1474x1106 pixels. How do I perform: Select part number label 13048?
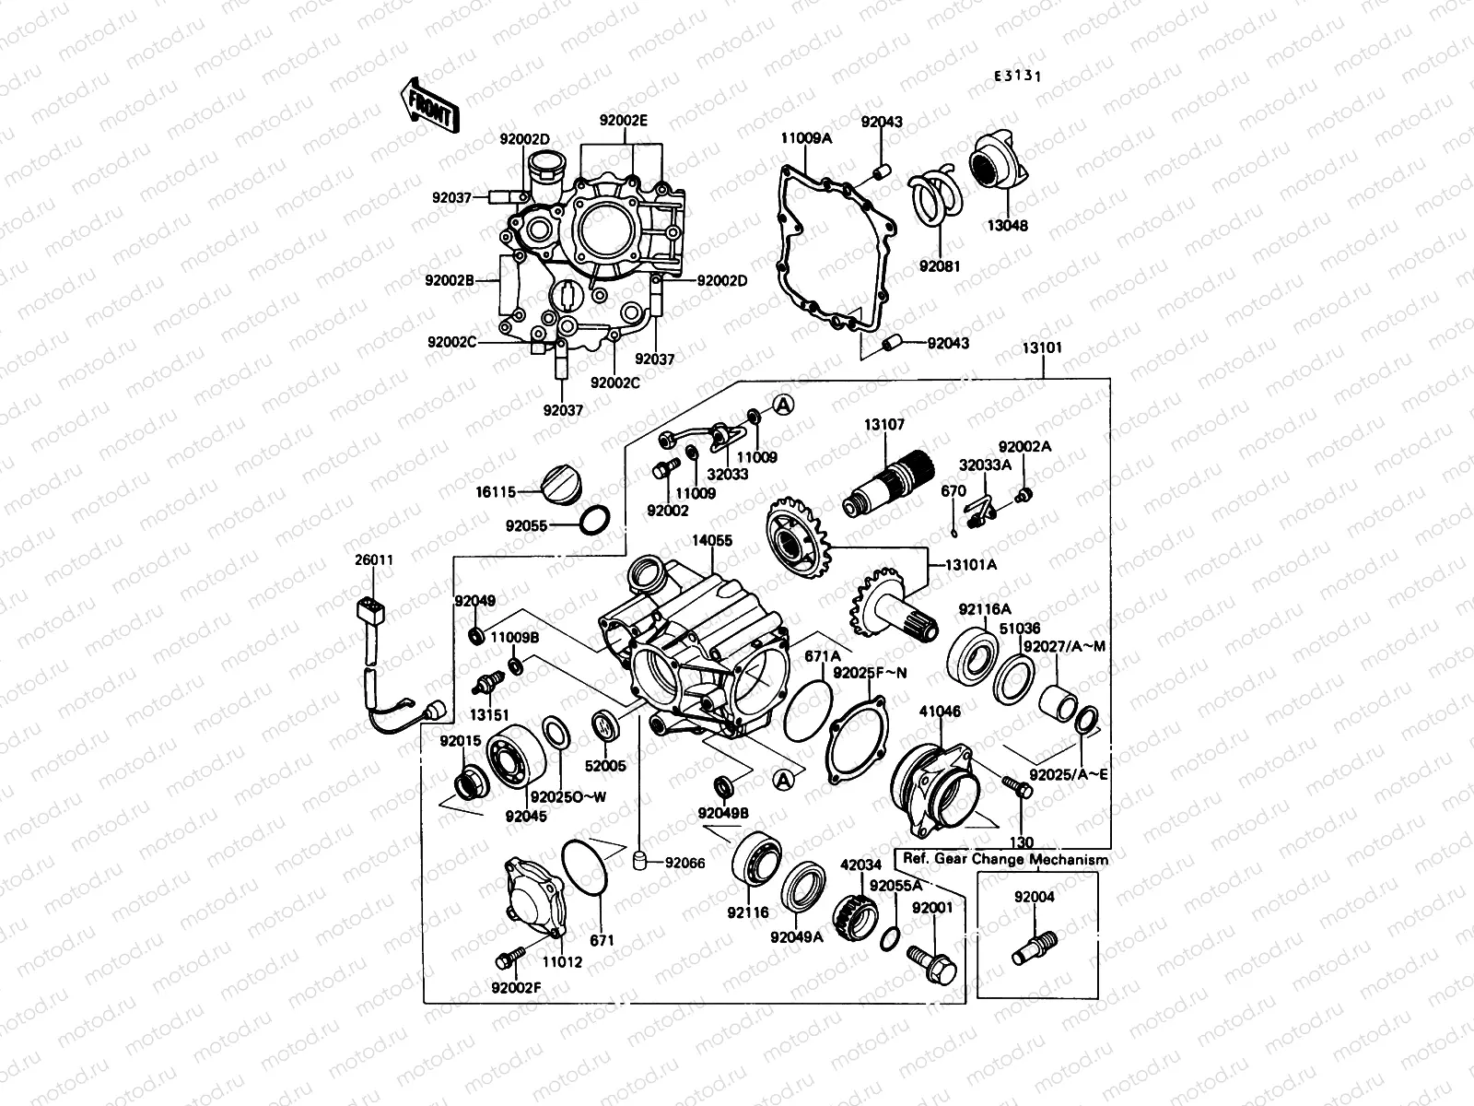pyautogui.click(x=1009, y=226)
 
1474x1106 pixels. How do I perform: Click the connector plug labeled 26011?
pyautogui.click(x=372, y=611)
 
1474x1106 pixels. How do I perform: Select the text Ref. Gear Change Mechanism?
pyautogui.click(x=1006, y=859)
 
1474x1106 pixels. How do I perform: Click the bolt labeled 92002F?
pyautogui.click(x=508, y=959)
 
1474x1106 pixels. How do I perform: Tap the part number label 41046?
pyautogui.click(x=941, y=712)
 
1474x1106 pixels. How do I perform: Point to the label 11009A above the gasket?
pyautogui.click(x=806, y=138)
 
